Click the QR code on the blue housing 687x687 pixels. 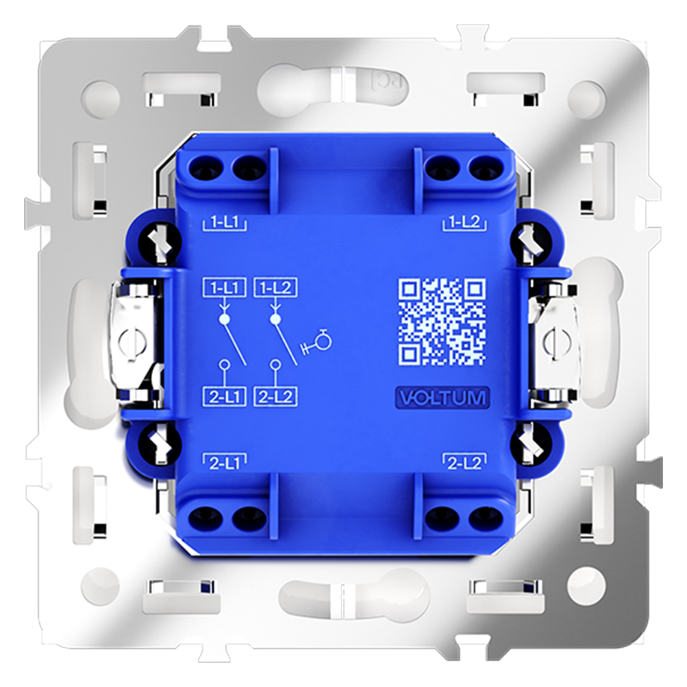(442, 321)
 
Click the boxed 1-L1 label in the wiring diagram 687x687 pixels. (223, 289)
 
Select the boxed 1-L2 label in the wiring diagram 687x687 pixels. (275, 289)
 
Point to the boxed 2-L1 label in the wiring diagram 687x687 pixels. (223, 396)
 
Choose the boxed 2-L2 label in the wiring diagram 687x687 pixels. (275, 396)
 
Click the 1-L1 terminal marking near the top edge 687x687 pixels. (225, 223)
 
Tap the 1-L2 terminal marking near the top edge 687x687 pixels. (465, 223)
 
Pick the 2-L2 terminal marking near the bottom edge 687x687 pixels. (465, 463)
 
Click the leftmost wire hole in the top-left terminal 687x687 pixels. (205, 166)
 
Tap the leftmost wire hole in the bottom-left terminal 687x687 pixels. (205, 518)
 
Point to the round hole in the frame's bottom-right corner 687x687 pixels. (588, 585)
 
